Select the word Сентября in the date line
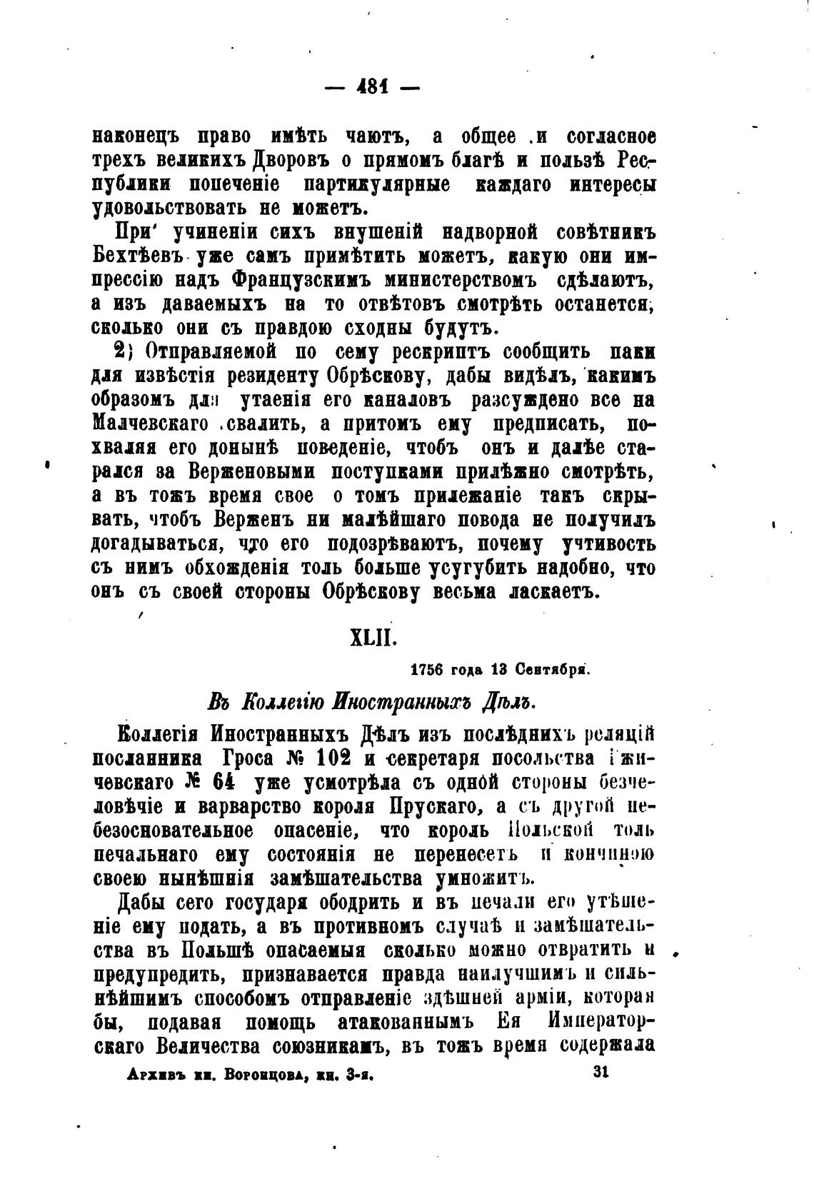554,670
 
